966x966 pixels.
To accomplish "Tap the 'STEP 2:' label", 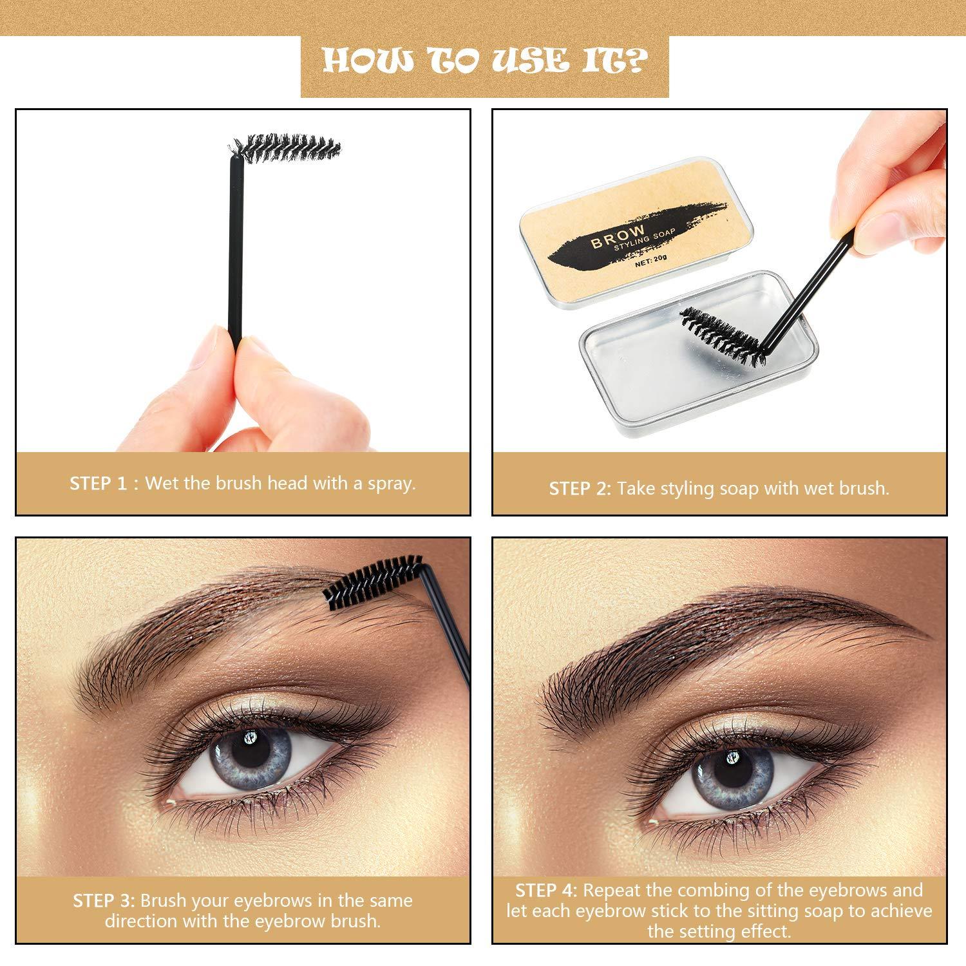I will click(x=580, y=489).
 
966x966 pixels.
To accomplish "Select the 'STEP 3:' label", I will click(x=103, y=900).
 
